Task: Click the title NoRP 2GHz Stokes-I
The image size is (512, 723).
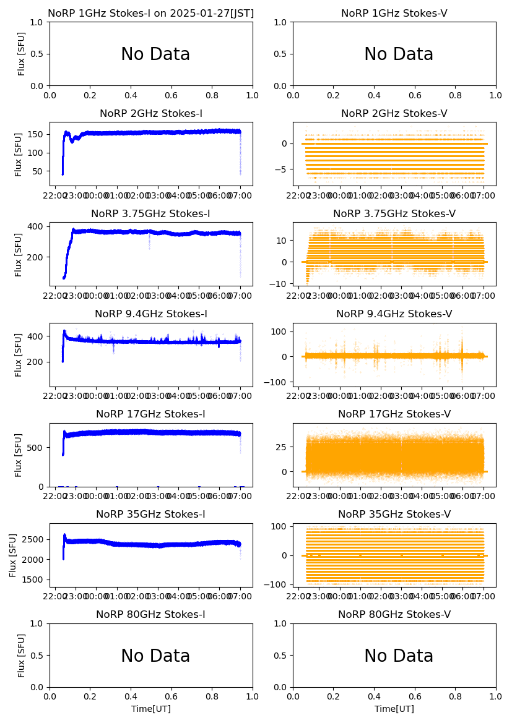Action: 151,114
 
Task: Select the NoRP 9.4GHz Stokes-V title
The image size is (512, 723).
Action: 394,314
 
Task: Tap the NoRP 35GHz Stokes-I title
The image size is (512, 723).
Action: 151,515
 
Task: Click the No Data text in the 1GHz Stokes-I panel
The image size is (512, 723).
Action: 155,54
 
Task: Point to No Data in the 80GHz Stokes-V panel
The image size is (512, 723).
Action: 399,656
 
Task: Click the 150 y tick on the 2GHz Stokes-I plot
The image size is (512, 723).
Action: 37,134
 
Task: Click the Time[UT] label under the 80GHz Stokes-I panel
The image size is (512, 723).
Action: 151,709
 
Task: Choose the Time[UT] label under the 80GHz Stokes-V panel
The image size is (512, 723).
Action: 394,709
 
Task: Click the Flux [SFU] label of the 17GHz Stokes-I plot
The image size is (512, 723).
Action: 19,455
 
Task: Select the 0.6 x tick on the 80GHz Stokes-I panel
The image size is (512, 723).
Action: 171,695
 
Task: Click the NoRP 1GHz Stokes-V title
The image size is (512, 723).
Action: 394,14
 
